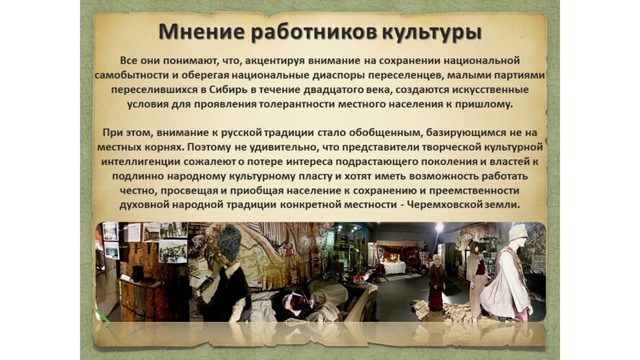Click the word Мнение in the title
202,32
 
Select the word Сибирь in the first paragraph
226,89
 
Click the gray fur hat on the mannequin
230,243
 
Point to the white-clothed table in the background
394,268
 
